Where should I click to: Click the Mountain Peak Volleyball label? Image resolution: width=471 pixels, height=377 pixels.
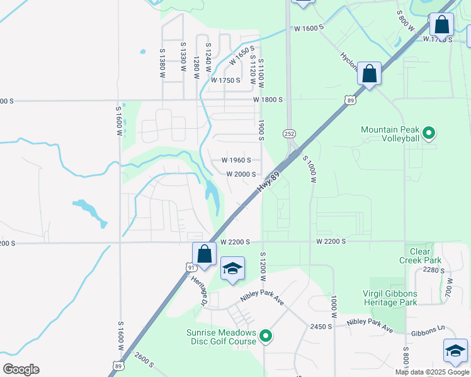(390, 134)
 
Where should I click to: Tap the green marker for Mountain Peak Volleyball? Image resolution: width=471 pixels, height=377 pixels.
(429, 133)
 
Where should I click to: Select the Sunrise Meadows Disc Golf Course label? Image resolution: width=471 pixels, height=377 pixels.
(221, 337)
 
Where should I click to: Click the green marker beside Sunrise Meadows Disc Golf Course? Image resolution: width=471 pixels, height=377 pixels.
(266, 337)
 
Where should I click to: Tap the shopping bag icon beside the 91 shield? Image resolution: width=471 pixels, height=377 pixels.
(204, 254)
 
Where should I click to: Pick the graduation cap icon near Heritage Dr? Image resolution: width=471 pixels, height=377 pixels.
(232, 268)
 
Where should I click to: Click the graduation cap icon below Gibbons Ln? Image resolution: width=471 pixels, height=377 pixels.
(455, 351)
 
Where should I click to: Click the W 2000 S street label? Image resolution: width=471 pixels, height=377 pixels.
(240, 174)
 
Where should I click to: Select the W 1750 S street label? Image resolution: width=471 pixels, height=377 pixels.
(225, 80)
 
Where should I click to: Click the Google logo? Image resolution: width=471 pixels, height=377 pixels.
(21, 369)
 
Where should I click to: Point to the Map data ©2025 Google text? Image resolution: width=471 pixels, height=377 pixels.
(432, 372)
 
